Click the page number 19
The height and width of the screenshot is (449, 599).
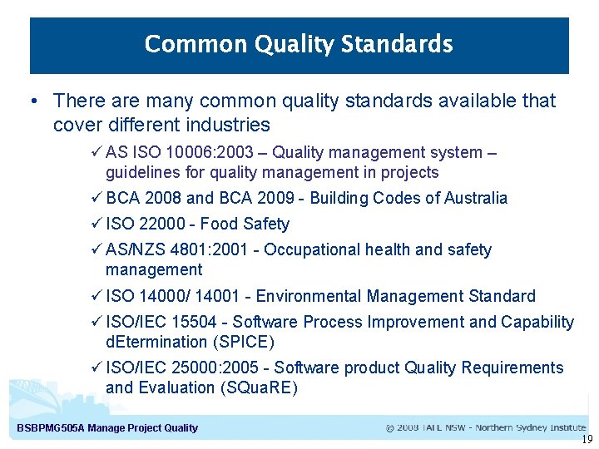pos(587,440)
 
